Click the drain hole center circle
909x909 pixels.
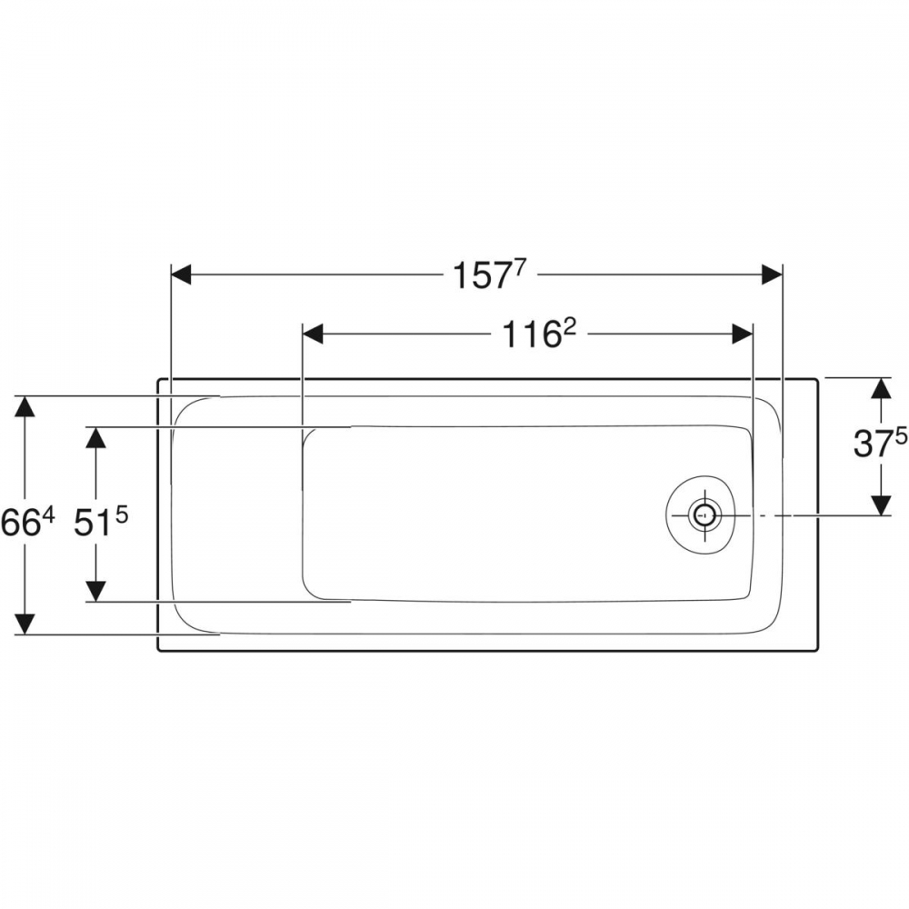coord(704,515)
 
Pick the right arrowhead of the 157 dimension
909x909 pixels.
coord(772,275)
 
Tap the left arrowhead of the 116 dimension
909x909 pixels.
coord(313,335)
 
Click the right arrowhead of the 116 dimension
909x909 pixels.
coord(743,335)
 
